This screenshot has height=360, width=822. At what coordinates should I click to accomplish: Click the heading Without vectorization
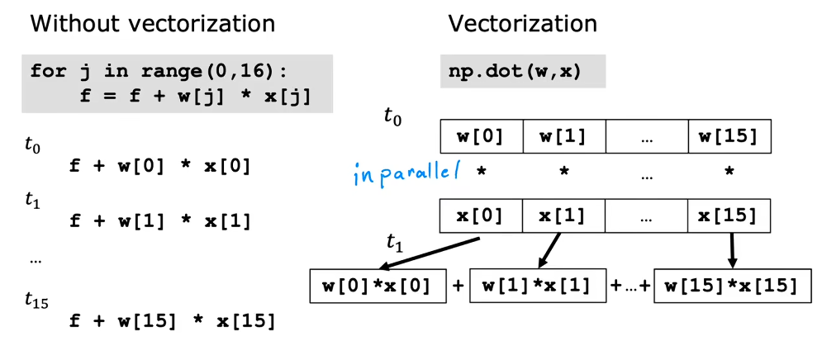point(153,24)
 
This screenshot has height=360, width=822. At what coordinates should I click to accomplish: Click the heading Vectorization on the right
point(522,24)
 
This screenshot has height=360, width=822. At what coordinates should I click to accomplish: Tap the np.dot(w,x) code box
point(522,71)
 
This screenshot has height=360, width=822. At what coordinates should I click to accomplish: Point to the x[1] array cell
point(564,216)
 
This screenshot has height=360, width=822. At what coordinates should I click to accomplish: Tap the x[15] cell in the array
point(729,216)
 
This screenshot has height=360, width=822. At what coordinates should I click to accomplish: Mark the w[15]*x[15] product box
point(731,287)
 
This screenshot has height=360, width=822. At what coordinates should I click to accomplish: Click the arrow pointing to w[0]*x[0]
point(430,254)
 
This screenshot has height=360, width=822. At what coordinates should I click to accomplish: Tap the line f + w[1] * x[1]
point(159,220)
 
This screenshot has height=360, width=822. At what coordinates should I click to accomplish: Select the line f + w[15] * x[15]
point(171,320)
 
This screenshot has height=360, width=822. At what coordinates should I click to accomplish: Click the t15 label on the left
point(36,302)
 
